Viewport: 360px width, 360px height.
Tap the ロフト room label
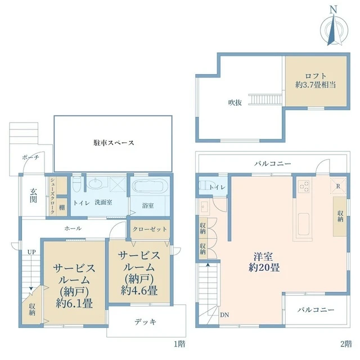click(x=316, y=76)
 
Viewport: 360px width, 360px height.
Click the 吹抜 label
click(x=235, y=102)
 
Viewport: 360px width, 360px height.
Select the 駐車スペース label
click(x=114, y=143)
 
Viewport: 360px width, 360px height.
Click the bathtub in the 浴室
click(x=150, y=186)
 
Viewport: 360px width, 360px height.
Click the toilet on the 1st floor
click(x=76, y=184)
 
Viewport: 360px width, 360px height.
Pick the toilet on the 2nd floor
click(x=204, y=185)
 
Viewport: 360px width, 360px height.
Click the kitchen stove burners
click(x=304, y=186)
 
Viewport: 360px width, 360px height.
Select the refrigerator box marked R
click(x=338, y=186)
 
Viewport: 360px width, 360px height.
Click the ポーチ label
click(x=30, y=157)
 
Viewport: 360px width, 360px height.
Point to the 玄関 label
click(x=33, y=195)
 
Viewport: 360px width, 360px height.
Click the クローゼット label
click(x=150, y=229)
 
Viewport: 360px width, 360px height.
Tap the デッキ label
click(x=145, y=322)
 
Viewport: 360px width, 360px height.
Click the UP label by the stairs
click(x=31, y=252)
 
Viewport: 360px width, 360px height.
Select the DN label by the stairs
click(x=224, y=315)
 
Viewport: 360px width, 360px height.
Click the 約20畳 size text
click(x=264, y=268)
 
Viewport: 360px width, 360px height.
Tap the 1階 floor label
click(x=179, y=344)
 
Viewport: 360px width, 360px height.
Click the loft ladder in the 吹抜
click(x=267, y=99)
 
